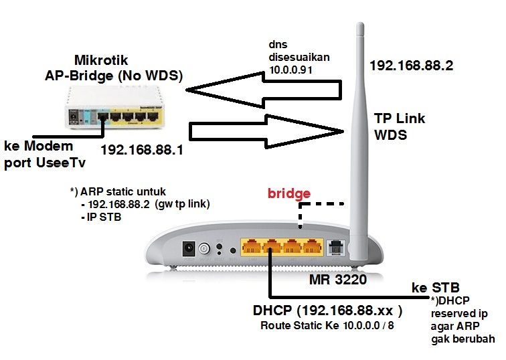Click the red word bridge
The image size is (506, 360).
[288, 194]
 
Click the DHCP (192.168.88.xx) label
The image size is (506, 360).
[328, 311]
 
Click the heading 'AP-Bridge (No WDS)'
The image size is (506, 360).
[108, 76]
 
